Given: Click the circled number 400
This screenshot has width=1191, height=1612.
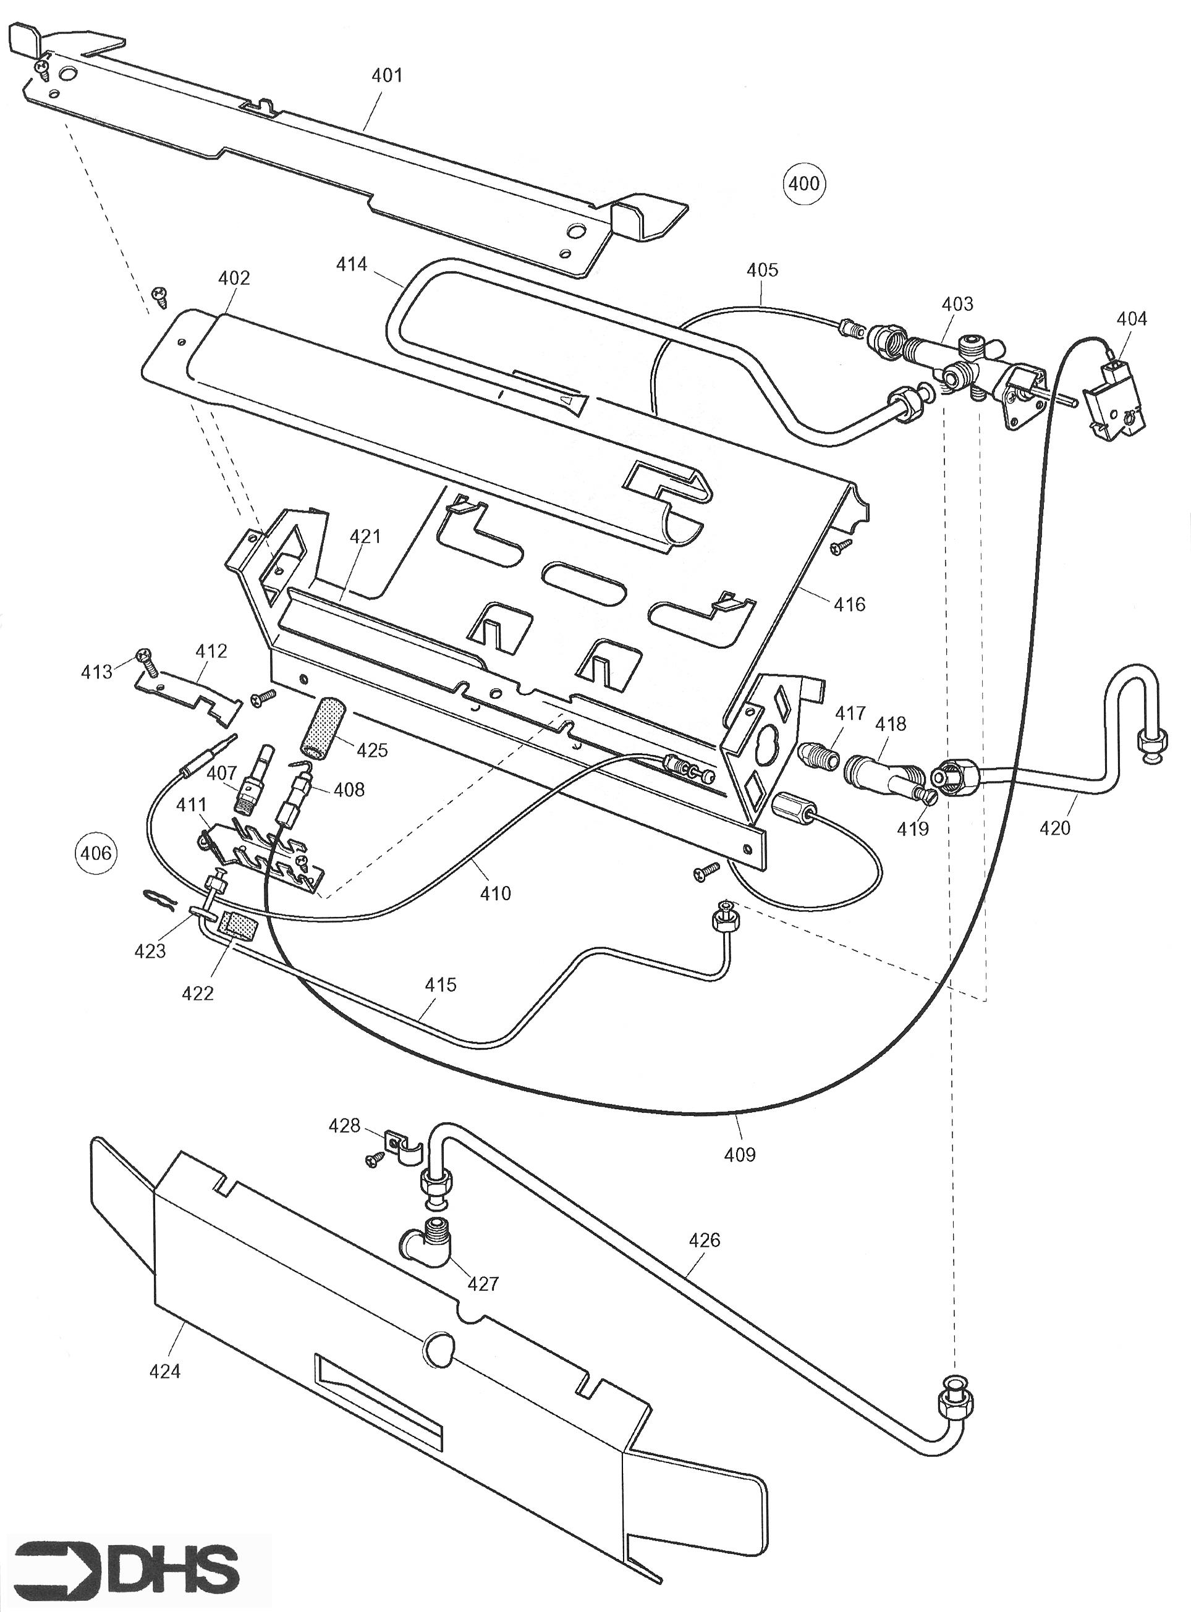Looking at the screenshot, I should [x=804, y=183].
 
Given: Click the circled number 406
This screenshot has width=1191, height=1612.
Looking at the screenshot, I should [x=95, y=853].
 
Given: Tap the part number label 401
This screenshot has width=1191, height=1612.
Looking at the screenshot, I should [x=386, y=75].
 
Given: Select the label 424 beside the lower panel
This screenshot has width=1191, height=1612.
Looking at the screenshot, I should [x=164, y=1371].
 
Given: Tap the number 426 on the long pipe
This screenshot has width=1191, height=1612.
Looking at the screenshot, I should [x=705, y=1239].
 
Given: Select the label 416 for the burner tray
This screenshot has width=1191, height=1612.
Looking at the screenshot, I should [x=849, y=604].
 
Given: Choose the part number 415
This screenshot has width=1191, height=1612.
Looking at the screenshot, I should [x=441, y=984].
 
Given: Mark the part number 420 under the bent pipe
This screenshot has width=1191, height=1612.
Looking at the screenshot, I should [x=1055, y=828].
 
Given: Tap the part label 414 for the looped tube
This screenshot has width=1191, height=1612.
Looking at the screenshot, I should [x=351, y=264].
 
